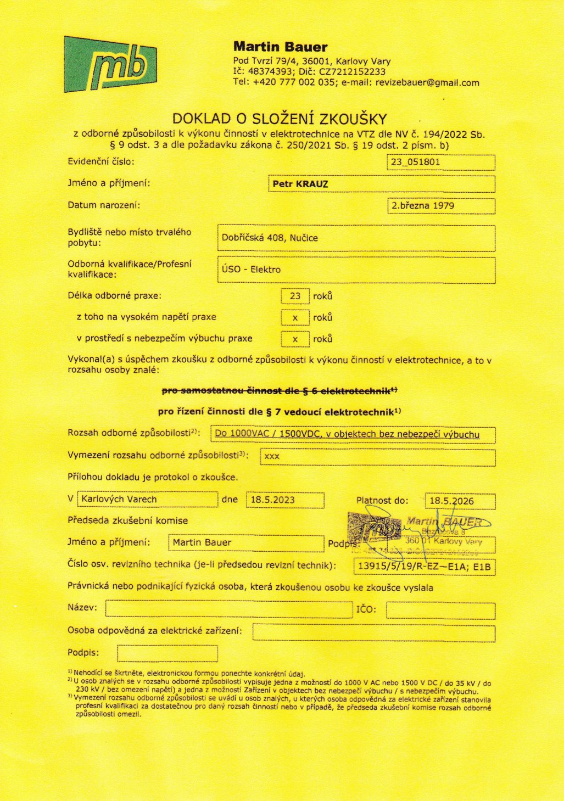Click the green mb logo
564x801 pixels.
point(110,64)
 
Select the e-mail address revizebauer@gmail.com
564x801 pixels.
point(427,83)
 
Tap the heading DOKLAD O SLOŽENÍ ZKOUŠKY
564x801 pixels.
point(280,119)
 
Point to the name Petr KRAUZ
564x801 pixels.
point(300,184)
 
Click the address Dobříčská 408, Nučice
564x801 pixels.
point(270,238)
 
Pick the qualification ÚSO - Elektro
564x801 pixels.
point(251,269)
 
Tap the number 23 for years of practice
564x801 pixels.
point(295,296)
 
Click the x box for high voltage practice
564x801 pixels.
point(295,317)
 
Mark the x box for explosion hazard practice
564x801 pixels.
point(295,339)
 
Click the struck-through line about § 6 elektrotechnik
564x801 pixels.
point(280,391)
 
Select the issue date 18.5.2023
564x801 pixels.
point(273,500)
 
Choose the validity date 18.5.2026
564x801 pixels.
point(451,501)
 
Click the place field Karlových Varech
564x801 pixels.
point(119,499)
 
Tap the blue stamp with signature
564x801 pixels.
point(417,531)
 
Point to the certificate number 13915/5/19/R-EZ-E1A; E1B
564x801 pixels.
point(423,567)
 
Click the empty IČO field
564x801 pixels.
point(440,610)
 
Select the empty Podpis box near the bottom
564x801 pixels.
point(167,653)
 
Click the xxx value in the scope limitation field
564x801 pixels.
point(272,456)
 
